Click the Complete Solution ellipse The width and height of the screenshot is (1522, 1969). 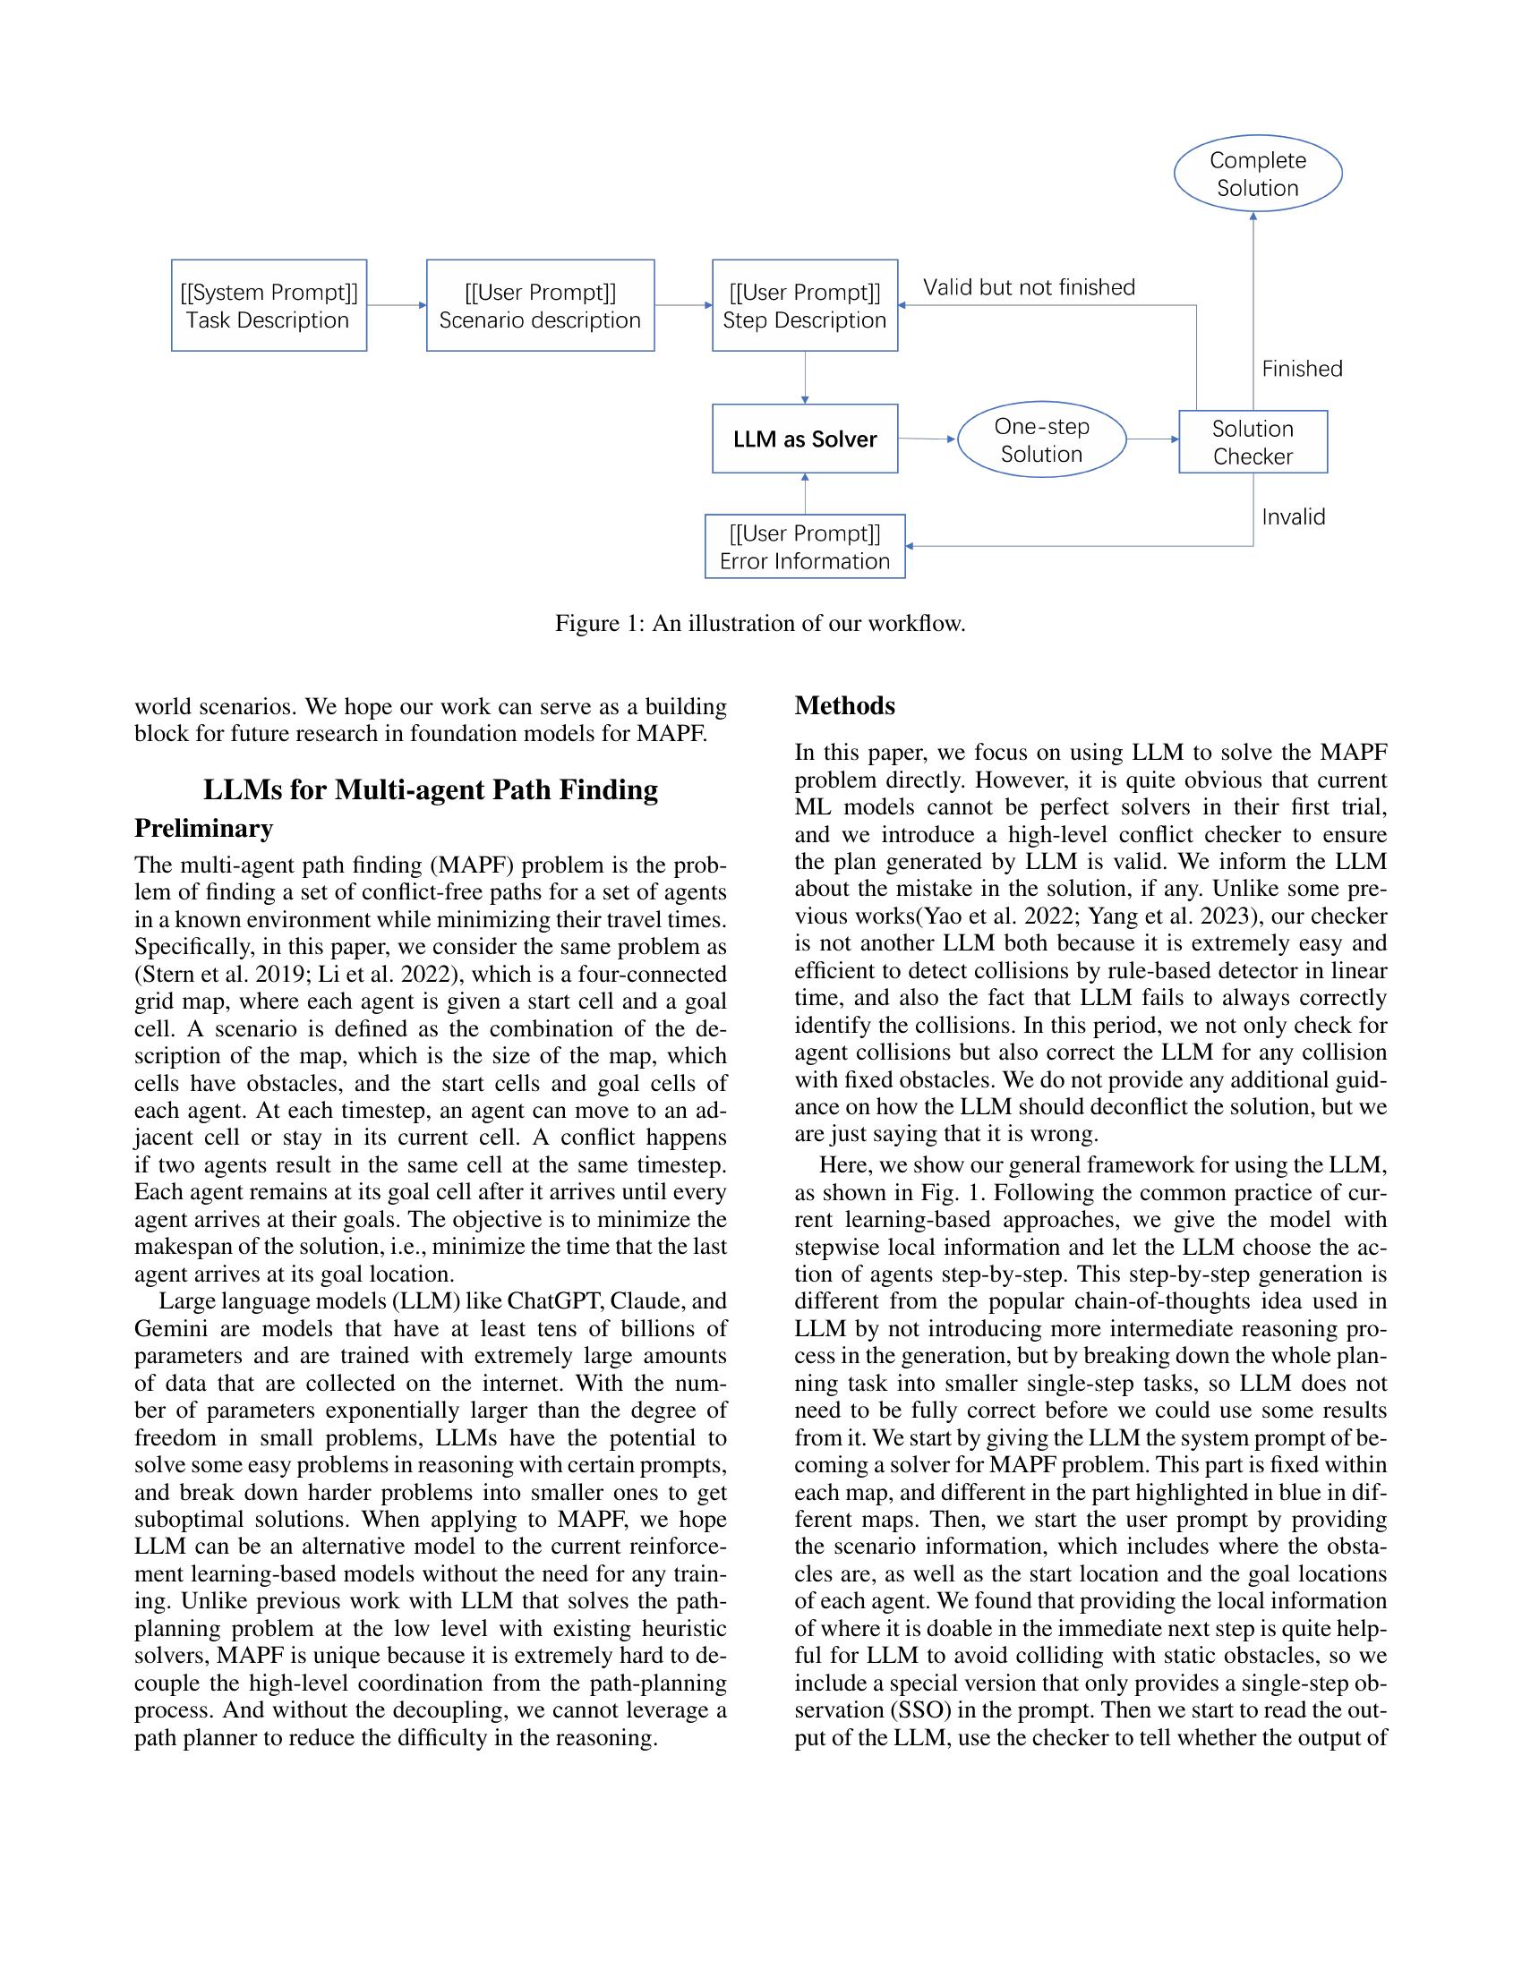click(x=1257, y=174)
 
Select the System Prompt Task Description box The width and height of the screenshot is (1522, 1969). click(x=269, y=305)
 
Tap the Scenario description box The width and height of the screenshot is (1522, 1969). click(x=539, y=305)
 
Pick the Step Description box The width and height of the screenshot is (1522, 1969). click(x=804, y=305)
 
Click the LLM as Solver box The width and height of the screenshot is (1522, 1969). click(x=804, y=439)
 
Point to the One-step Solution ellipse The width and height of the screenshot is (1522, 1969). click(x=1041, y=440)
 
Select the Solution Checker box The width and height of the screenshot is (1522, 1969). click(x=1253, y=442)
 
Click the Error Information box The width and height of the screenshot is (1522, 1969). click(x=804, y=546)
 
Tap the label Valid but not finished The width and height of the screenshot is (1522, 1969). click(x=1029, y=287)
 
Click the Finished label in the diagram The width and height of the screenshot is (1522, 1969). click(x=1301, y=369)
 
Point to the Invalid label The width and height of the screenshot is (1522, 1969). click(x=1293, y=516)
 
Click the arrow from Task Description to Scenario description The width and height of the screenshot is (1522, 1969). click(x=396, y=305)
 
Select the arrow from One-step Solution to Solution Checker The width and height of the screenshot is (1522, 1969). click(x=1152, y=440)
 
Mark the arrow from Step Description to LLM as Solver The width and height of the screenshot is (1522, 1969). click(x=804, y=377)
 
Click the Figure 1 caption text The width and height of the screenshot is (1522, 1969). click(x=760, y=623)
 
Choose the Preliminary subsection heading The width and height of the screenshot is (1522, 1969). click(x=204, y=828)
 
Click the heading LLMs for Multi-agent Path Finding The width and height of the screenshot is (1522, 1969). click(x=430, y=788)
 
